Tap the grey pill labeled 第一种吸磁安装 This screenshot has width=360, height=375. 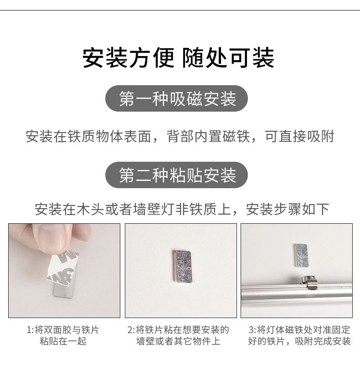pos(176,98)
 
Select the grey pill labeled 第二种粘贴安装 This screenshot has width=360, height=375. pos(176,175)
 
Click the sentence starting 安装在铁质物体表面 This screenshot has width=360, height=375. pos(180,136)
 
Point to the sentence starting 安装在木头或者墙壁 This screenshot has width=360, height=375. pos(182,209)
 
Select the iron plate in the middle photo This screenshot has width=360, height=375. pos(182,266)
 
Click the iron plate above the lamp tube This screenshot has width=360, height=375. pos(301,255)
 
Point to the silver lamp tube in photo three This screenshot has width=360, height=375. pos(297,294)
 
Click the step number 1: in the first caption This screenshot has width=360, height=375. pos(31,330)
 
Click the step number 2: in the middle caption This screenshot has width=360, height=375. pos(132,330)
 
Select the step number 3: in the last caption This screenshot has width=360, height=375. pos(252,330)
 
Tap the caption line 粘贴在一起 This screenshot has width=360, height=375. pos(63,341)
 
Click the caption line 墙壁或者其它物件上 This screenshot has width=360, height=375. pos(178,341)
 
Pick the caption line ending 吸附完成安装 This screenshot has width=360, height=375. pos(299,341)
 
